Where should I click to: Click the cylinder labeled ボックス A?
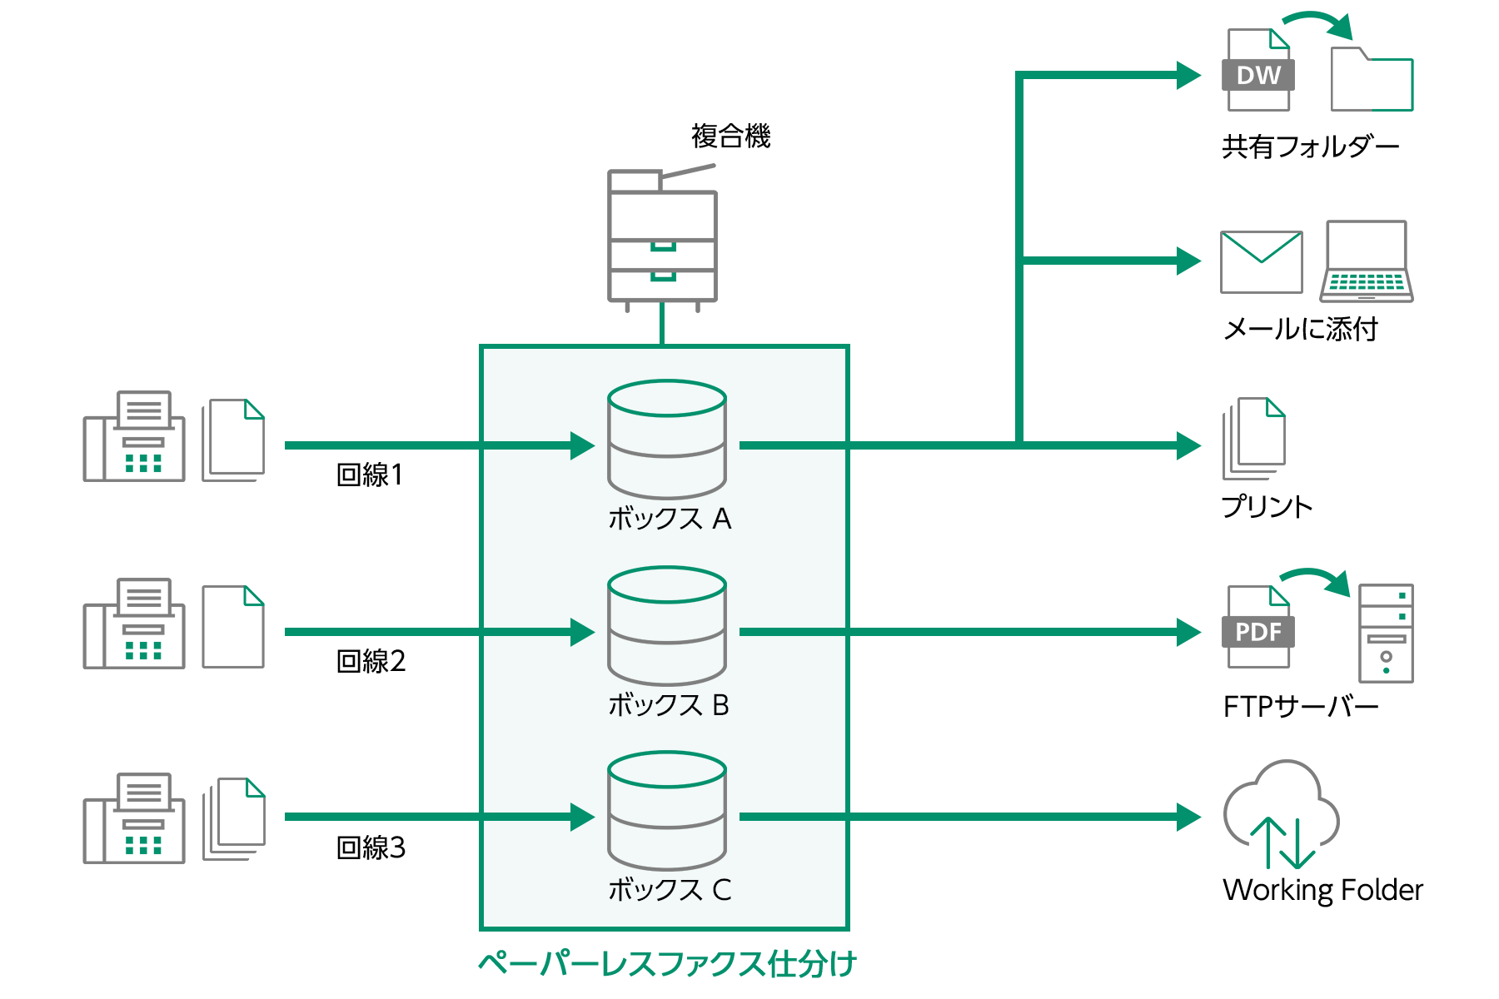pyautogui.click(x=667, y=440)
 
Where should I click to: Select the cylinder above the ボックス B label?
pyautogui.click(x=667, y=626)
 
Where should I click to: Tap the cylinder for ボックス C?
pyautogui.click(x=667, y=811)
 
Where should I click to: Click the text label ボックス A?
pyautogui.click(x=670, y=519)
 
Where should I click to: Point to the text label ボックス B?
pyautogui.click(x=669, y=706)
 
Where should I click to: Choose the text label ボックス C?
pyautogui.click(x=670, y=891)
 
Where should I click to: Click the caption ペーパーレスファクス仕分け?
pyautogui.click(x=666, y=964)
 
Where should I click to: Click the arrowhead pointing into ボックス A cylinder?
pyautogui.click(x=582, y=445)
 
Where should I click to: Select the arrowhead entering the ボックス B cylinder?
pyautogui.click(x=582, y=632)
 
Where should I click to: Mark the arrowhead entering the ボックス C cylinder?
pyautogui.click(x=582, y=817)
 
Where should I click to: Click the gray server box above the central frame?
pyautogui.click(x=662, y=238)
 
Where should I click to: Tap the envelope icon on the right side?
pyautogui.click(x=1261, y=261)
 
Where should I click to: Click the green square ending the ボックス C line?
pyautogui.click(x=1189, y=817)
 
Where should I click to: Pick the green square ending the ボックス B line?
pyautogui.click(x=1189, y=632)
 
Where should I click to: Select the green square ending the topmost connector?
pyautogui.click(x=1189, y=75)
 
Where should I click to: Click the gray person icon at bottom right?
pyautogui.click(x=1281, y=814)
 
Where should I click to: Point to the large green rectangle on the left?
pyautogui.click(x=153, y=350)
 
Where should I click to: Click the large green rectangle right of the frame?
pyautogui.click(x=1072, y=445)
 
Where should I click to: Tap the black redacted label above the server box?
pyautogui.click(x=730, y=135)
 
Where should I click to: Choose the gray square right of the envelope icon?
pyautogui.click(x=1366, y=261)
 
